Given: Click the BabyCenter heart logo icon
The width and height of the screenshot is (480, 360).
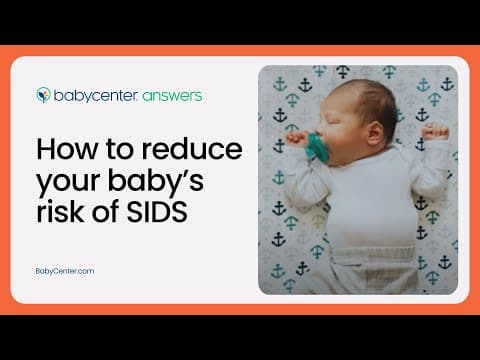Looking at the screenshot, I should pos(44,96).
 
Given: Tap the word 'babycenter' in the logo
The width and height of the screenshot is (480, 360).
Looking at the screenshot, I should pos(92,96).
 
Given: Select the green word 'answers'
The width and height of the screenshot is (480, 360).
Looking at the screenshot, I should pos(171,96).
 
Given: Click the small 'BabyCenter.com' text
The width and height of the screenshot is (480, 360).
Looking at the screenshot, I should pos(65,270).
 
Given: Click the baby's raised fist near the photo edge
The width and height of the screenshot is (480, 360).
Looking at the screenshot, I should pos(437,130).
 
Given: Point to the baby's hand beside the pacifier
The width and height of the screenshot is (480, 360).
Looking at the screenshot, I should pos(298,139).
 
